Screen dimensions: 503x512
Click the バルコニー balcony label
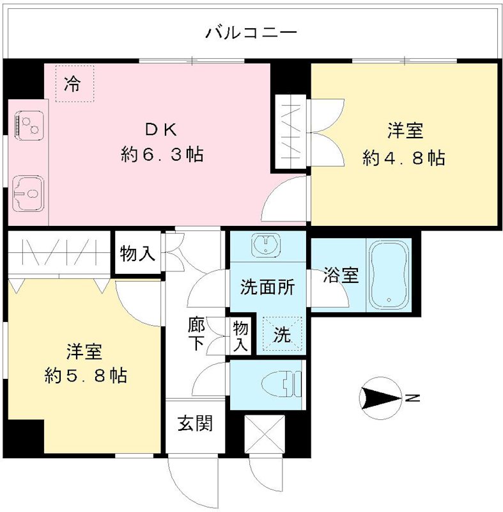(251, 33)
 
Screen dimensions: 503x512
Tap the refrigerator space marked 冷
(75, 84)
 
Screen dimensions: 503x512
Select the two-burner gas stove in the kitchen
(29, 126)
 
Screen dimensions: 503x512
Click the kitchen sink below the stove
(28, 194)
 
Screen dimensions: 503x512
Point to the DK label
(161, 131)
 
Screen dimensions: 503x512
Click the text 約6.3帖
(162, 154)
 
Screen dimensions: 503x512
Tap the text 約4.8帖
(404, 158)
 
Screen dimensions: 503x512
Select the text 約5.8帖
(86, 376)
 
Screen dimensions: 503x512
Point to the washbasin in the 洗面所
(266, 244)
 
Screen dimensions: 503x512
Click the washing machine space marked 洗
(282, 334)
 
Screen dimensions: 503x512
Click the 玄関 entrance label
(195, 423)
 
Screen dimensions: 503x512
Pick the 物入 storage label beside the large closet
(137, 253)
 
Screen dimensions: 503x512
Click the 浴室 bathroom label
(341, 275)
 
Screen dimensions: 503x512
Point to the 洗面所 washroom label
(268, 287)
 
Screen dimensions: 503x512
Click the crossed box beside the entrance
(265, 434)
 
